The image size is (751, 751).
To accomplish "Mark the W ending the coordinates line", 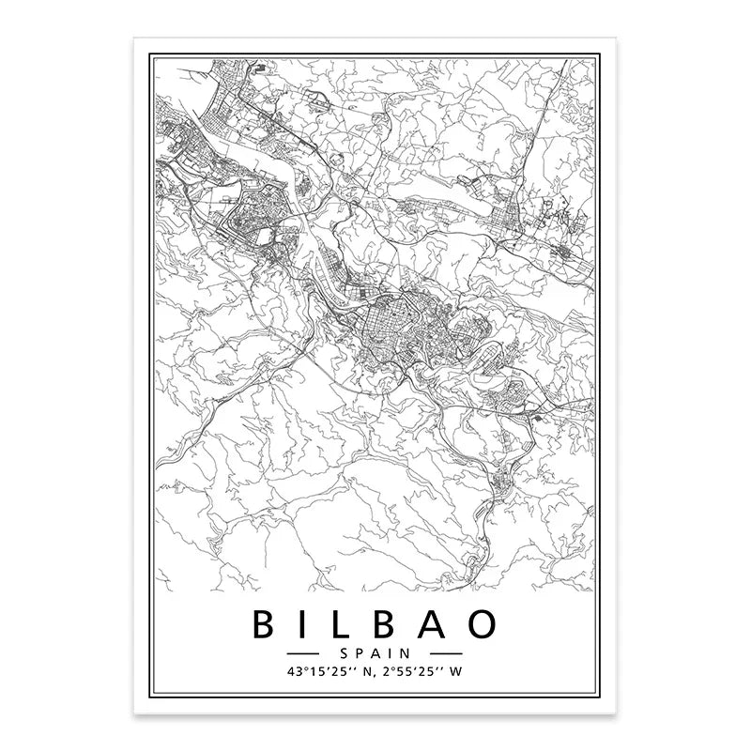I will point(457,670).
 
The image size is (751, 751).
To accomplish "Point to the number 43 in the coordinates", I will point(299,670).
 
